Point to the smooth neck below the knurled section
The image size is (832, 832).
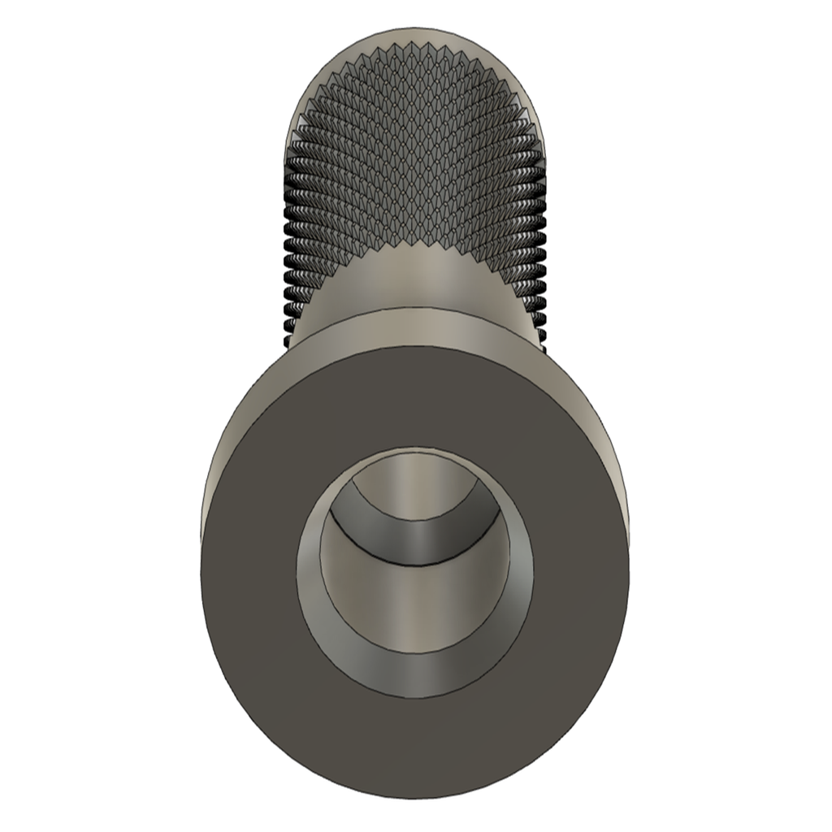coord(416,276)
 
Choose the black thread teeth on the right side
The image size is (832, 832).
coord(539,268)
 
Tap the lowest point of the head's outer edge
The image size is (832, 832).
coord(416,798)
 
